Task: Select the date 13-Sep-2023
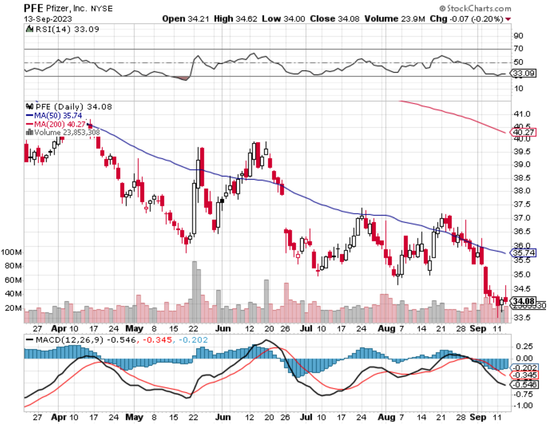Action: tap(48, 19)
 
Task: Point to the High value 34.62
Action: tap(246, 19)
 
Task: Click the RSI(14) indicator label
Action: tap(52, 29)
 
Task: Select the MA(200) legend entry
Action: tap(56, 124)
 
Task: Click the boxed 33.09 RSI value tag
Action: tap(524, 73)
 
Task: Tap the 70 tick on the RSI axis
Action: tap(518, 48)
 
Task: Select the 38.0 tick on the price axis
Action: tap(522, 191)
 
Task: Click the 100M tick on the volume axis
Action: tap(11, 252)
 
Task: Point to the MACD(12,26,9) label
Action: tap(69, 340)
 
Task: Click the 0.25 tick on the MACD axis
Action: tap(524, 346)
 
